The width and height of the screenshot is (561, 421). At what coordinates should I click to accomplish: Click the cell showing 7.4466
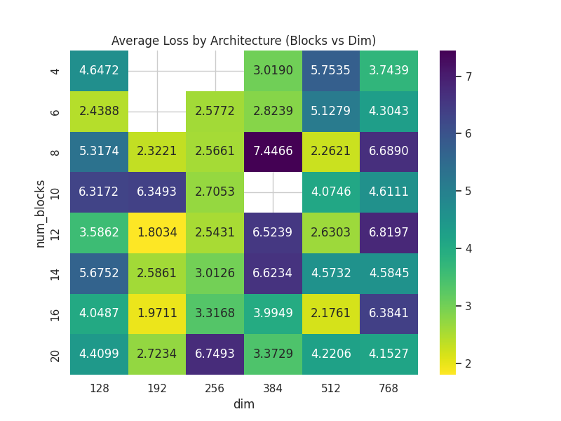coord(273,152)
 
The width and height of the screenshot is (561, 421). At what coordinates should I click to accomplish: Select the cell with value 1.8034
coord(157,232)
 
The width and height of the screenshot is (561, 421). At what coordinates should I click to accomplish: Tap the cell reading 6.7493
coord(215,354)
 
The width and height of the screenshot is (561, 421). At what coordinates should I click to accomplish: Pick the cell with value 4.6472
coord(99,71)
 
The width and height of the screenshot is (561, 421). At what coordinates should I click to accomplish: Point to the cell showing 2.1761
coord(331,314)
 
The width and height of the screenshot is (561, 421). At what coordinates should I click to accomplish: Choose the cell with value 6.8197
coord(388,232)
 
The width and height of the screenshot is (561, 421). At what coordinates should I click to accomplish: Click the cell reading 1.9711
coord(157,314)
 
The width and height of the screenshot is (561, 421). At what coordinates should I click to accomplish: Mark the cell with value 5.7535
coord(331,71)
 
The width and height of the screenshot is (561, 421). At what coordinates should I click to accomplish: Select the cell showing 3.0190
coord(273,71)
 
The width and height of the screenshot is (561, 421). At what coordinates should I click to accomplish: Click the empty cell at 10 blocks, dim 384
coord(273,192)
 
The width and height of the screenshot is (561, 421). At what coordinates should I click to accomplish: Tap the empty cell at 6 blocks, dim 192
coord(157,112)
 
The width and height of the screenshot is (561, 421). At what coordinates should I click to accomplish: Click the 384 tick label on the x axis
coord(273,388)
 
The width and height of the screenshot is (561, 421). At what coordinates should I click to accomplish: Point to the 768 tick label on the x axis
coord(388,388)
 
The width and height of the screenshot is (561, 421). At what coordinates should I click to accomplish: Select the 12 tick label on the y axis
coord(55,233)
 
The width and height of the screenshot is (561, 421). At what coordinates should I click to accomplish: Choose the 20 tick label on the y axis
coord(55,354)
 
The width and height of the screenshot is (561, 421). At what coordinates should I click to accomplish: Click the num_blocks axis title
coord(41,213)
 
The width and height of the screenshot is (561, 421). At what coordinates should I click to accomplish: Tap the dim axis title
coord(244,404)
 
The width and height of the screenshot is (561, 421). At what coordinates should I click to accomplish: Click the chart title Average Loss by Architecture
coord(244,41)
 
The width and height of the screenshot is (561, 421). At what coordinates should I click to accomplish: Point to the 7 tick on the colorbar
coord(468,76)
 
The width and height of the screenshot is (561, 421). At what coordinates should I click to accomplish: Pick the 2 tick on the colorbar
coord(468,363)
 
